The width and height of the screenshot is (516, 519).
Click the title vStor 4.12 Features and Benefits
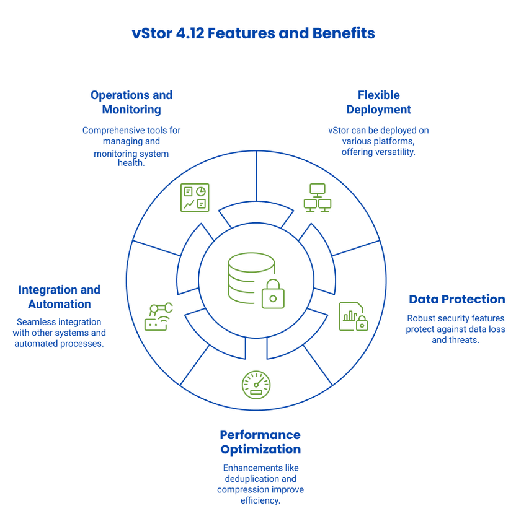[x=254, y=33]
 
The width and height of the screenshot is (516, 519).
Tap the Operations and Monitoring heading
[x=131, y=102]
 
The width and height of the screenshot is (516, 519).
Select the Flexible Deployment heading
[x=379, y=102]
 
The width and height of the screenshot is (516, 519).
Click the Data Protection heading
[x=457, y=299]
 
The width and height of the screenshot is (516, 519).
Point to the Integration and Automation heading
[x=60, y=297]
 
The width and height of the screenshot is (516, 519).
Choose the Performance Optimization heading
[x=260, y=442]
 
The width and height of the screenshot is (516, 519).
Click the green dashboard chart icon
[x=195, y=198]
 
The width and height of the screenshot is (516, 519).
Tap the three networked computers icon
[x=318, y=198]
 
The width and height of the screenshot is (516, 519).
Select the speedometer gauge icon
[x=256, y=385]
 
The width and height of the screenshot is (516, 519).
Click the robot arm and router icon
[x=159, y=316]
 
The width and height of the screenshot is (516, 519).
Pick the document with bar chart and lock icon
[x=354, y=316]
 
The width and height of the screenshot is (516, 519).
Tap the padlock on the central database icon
[x=273, y=294]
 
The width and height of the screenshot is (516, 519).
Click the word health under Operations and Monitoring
[x=131, y=163]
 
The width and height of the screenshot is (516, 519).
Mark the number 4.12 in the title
[x=190, y=33]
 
